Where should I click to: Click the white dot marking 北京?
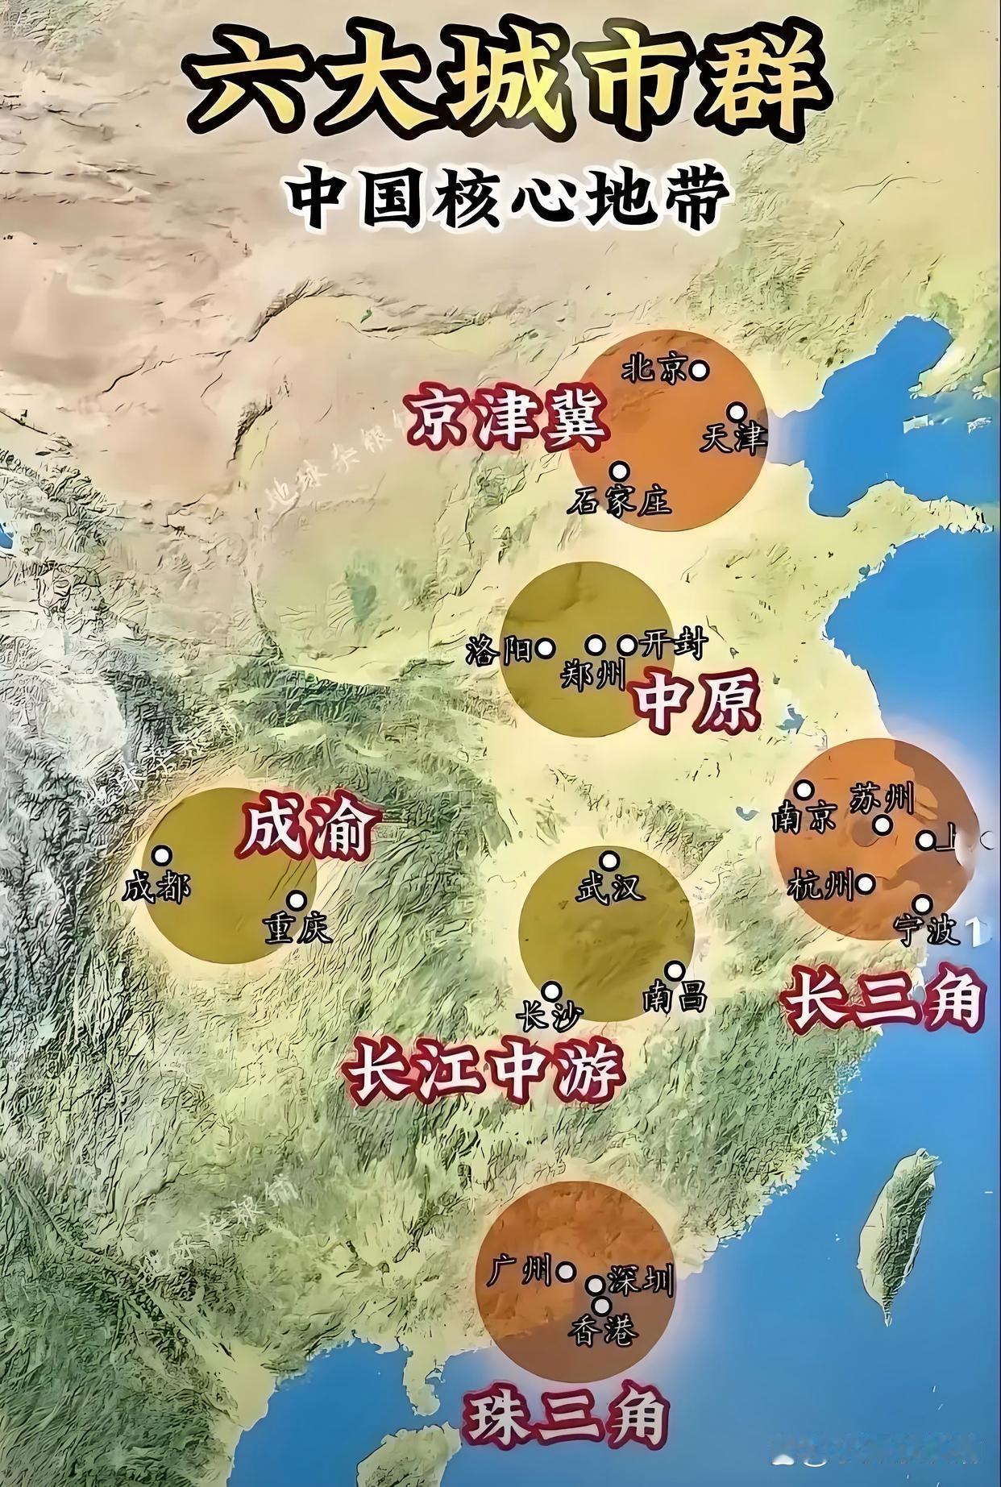point(700,370)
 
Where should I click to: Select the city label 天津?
point(731,439)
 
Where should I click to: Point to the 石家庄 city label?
point(618,503)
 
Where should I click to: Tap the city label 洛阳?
point(499,650)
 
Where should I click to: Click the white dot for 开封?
point(627,645)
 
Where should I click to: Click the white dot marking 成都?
point(163,854)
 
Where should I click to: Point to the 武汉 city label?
point(609,888)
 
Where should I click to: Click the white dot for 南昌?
point(675,970)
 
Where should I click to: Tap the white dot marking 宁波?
point(924,903)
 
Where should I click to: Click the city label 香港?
point(603,1329)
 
